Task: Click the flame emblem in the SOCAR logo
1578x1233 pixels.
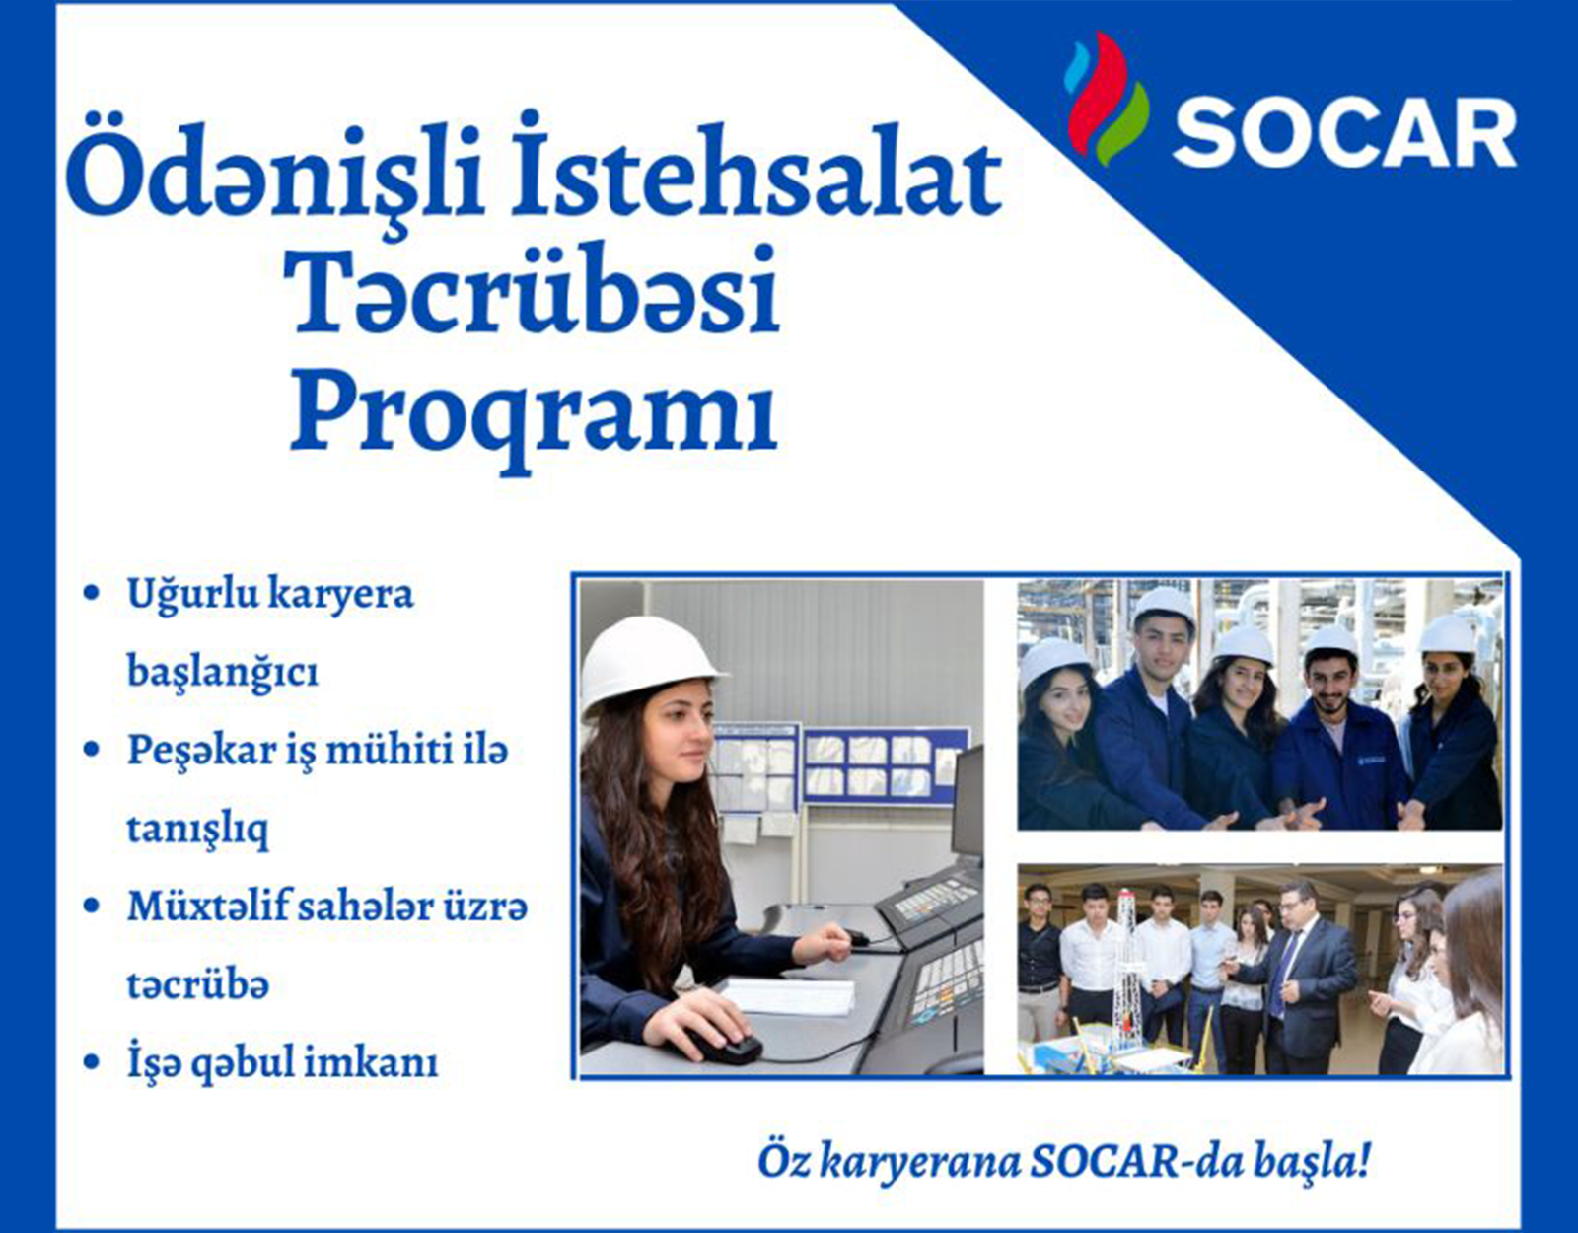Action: coord(1106,98)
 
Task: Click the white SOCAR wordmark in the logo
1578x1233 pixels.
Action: coord(1344,136)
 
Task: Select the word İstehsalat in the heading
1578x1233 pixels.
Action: coord(755,169)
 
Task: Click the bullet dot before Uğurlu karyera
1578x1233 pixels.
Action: coord(92,593)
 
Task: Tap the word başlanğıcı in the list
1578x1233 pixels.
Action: coord(223,673)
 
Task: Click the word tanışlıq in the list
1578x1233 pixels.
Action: coord(197,829)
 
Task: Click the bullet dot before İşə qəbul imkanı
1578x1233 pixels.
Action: coord(92,1063)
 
